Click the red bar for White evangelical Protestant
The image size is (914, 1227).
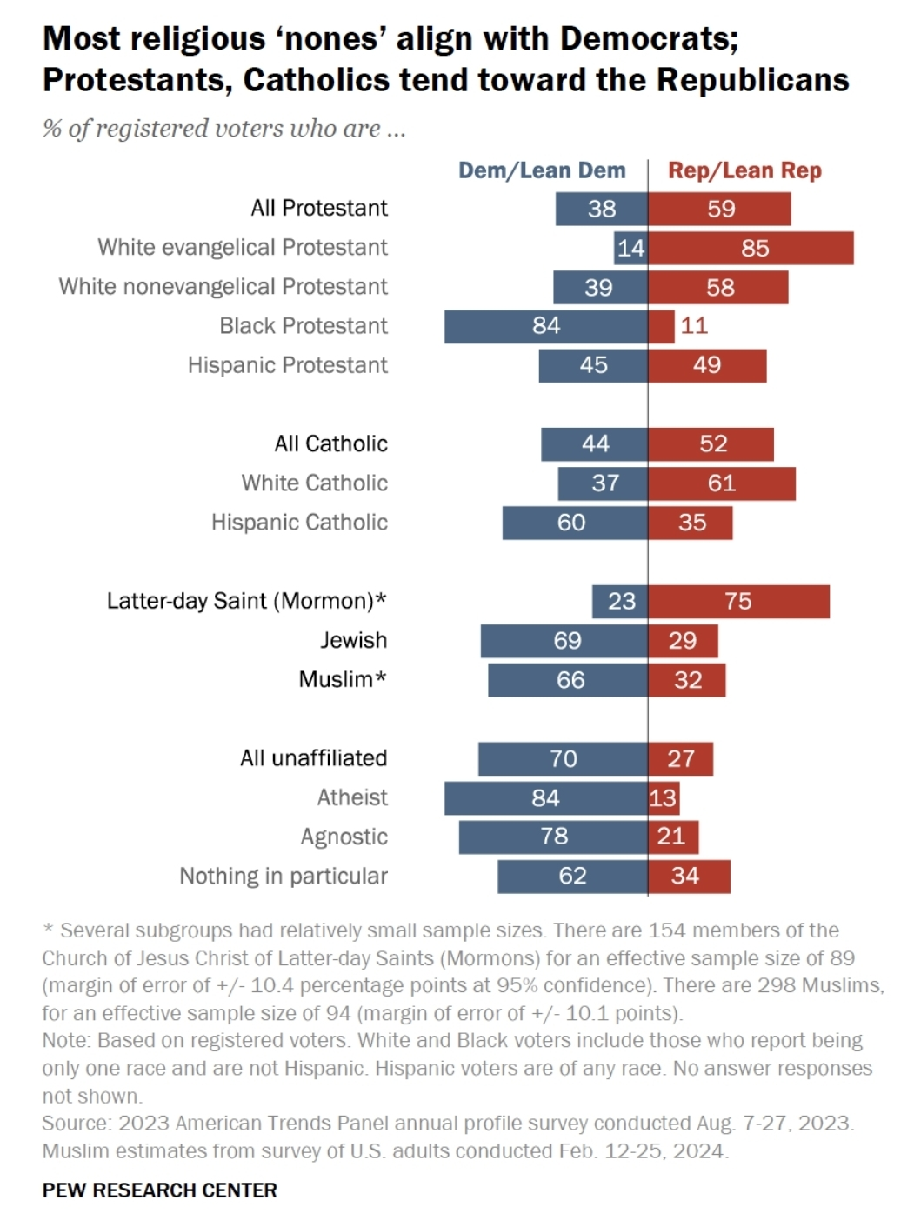coord(751,248)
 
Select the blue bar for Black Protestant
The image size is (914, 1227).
coord(545,326)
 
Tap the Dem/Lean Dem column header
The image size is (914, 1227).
coord(542,170)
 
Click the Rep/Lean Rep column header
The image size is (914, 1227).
coord(744,170)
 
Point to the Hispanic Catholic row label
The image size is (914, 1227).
coord(299,523)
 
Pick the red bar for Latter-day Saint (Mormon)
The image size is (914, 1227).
coord(738,602)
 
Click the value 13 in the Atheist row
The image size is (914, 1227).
coord(663,798)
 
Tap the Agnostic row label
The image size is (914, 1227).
coord(344,837)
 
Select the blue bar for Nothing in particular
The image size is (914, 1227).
coord(572,877)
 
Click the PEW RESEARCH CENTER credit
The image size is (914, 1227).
coord(159,1190)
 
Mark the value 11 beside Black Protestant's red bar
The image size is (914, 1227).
coord(694,326)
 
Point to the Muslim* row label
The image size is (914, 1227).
coord(342,679)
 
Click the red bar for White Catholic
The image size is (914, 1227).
coord(721,483)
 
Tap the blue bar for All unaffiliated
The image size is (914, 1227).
coord(563,759)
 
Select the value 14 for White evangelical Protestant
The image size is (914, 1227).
coord(630,249)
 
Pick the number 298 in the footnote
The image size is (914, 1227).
coord(771,985)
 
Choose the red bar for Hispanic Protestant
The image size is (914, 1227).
coord(707,366)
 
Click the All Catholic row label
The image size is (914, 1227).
coord(330,444)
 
